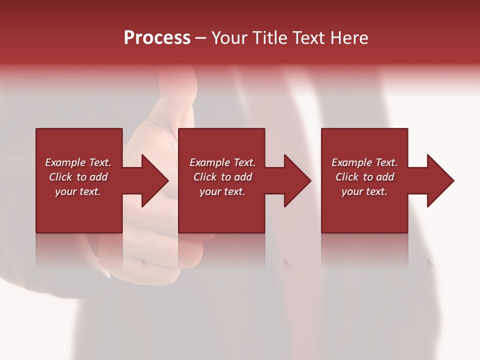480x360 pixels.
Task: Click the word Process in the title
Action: [x=157, y=38]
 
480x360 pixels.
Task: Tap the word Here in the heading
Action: [x=349, y=38]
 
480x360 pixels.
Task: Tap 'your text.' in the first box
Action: [x=78, y=191]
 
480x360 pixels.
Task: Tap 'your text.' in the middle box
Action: [x=222, y=191]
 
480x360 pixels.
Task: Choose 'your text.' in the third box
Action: [x=364, y=191]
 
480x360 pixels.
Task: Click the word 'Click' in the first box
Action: [x=60, y=177]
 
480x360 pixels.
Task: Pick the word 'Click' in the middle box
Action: [x=205, y=177]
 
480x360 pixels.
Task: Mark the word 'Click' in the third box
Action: [x=347, y=177]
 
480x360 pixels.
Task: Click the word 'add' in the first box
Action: [x=99, y=177]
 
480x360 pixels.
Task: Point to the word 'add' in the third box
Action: [x=385, y=177]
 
